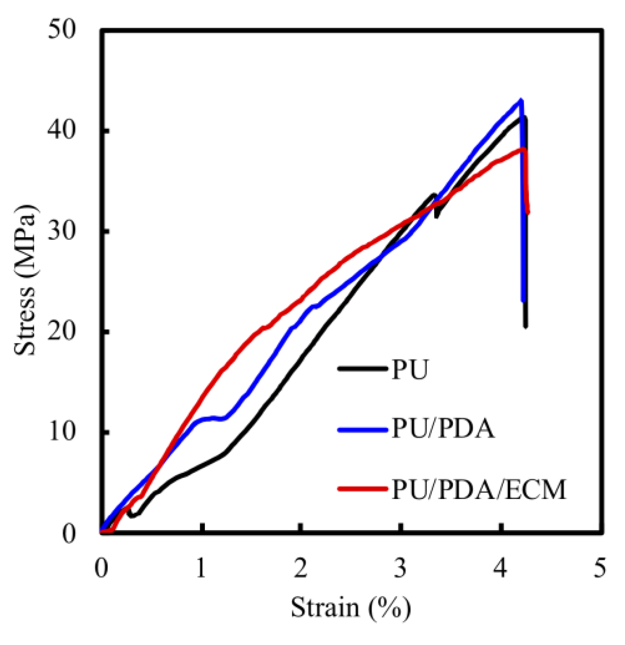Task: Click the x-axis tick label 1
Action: pos(201,568)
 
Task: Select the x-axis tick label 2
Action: pos(301,568)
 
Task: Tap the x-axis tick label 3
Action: pos(400,568)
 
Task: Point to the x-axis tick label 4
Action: pos(501,568)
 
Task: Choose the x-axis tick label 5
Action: pos(600,568)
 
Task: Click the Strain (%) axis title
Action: pos(351,608)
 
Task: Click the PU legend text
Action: pos(410,369)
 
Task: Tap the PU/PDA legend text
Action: pos(443,428)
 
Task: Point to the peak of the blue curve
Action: pos(520,100)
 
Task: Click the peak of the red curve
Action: pos(523,149)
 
